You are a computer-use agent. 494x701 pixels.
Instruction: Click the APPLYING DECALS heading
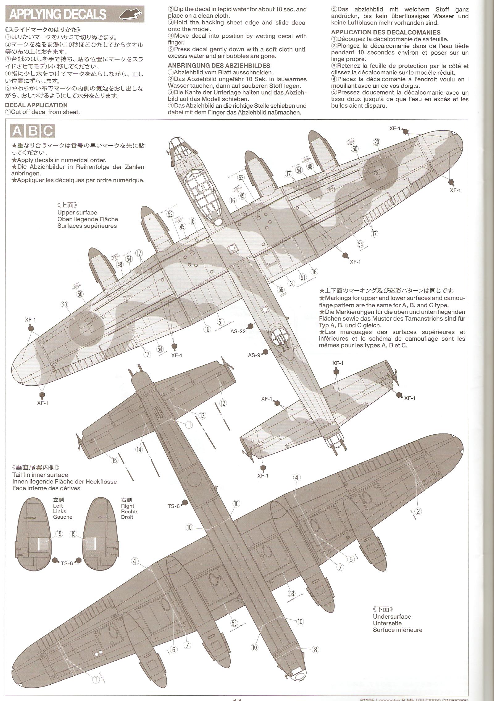[58, 15]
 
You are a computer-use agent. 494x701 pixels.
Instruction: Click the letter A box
[17, 131]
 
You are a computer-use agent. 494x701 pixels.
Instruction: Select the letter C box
[48, 131]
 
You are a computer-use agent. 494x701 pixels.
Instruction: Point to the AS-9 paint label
[254, 355]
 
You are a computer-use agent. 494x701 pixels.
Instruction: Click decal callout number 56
[281, 289]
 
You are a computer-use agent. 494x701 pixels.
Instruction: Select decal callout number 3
[291, 283]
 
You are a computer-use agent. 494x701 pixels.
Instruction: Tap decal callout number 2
[418, 511]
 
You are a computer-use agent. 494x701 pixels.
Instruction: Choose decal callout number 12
[223, 403]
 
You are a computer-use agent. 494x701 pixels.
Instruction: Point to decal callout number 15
[115, 460]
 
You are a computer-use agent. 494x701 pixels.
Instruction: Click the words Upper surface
[77, 212]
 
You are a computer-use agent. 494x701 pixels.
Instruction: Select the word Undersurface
[392, 616]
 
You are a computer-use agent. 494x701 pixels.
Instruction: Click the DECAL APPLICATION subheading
[36, 105]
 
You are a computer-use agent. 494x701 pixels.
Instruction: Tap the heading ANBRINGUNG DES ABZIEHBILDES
[219, 66]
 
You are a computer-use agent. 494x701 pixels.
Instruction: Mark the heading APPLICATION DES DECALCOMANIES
[386, 32]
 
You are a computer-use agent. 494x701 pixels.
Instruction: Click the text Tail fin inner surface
[40, 475]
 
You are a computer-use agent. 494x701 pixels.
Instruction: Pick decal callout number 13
[202, 416]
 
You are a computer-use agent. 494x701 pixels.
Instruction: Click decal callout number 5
[351, 559]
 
